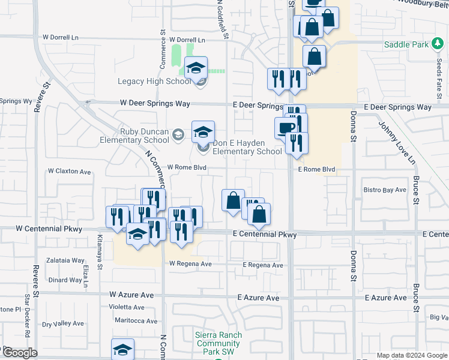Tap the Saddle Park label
(x=406, y=44)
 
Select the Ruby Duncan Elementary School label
(x=136, y=136)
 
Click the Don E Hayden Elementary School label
(x=247, y=148)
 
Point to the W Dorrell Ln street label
(x=60, y=37)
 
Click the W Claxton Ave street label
(x=69, y=172)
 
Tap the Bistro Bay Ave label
(x=385, y=190)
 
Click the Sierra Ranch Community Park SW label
(x=218, y=343)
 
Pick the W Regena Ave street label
(x=190, y=264)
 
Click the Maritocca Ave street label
(x=136, y=321)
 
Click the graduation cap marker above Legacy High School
(x=196, y=68)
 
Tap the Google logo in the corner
(x=19, y=353)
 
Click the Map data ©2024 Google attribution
(x=412, y=355)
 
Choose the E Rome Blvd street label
(x=316, y=170)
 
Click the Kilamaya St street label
(x=100, y=245)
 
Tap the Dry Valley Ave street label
(x=63, y=324)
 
